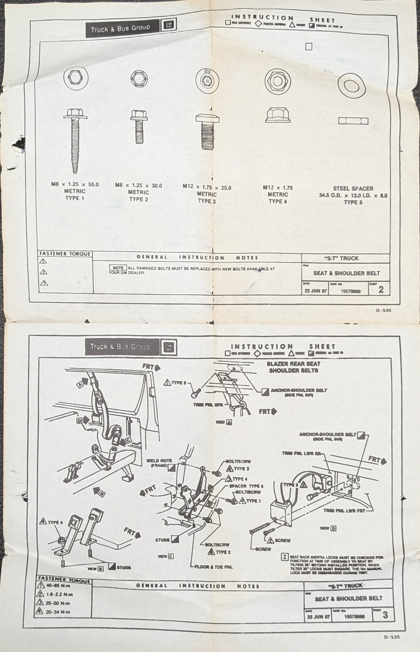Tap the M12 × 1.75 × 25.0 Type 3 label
pos(207,194)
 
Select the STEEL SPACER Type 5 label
pos(353,195)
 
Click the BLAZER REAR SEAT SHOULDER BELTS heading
pos(293,367)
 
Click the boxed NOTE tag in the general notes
pos(118,268)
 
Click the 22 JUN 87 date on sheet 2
pos(315,291)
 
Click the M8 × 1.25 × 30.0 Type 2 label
pos(139,192)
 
